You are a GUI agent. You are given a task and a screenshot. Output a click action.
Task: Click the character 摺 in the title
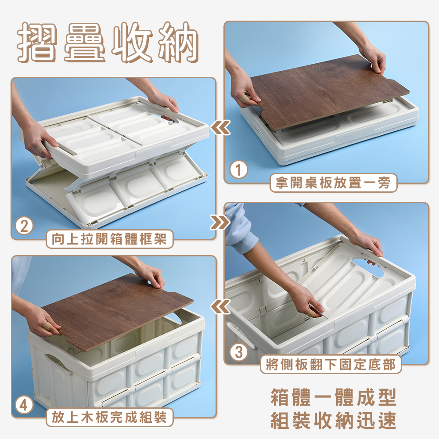[38, 43]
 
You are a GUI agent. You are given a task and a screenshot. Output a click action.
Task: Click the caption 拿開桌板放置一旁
[333, 183]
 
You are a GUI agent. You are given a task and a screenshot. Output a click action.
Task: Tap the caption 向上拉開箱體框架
[110, 240]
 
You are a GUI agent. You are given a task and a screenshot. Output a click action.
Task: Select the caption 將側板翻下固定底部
[331, 364]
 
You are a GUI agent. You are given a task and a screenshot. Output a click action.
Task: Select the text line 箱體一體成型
[333, 398]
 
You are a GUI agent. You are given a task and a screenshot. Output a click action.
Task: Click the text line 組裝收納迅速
[333, 421]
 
